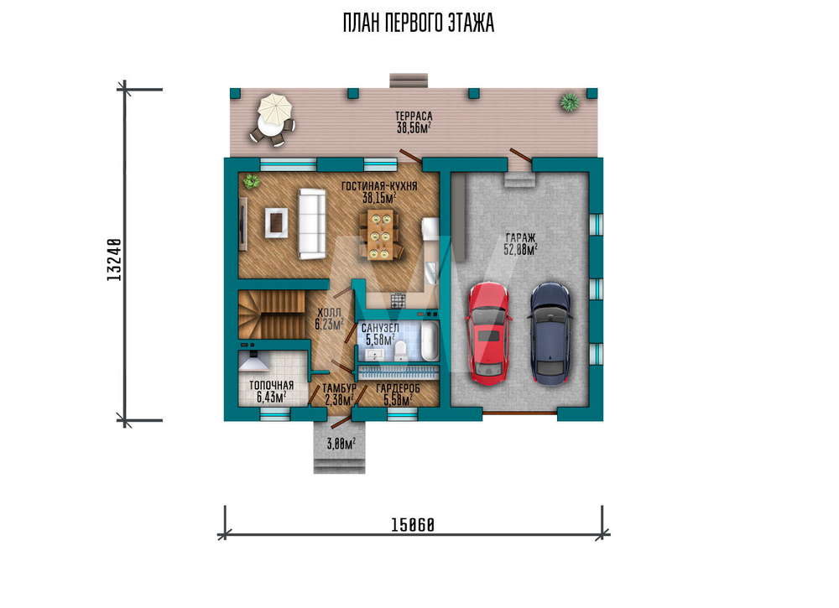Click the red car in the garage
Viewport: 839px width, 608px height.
coord(488,334)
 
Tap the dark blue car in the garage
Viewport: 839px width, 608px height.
coord(550,334)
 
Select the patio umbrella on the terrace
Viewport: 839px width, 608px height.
coord(275,108)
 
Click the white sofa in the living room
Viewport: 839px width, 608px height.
coord(312,224)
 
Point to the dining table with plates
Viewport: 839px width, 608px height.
coord(380,234)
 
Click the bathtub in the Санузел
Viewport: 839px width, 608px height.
coord(430,340)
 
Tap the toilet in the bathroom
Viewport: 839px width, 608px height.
coord(399,351)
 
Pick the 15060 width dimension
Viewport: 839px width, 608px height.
coord(413,525)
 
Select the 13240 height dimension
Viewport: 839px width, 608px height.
coord(113,260)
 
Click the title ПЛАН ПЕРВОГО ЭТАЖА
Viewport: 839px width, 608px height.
coord(419,23)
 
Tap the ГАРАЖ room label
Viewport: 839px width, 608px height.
coord(520,237)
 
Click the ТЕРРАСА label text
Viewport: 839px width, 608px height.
coord(414,116)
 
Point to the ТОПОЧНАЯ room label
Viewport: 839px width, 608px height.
coord(271,385)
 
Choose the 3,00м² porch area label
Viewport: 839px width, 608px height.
coord(341,444)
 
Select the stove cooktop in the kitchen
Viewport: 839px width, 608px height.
coord(398,300)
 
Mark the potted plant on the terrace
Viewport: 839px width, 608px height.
coord(570,101)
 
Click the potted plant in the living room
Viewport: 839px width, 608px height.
coord(251,181)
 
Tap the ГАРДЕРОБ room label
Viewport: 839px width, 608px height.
coord(398,389)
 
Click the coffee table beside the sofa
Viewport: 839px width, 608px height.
coord(276,222)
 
